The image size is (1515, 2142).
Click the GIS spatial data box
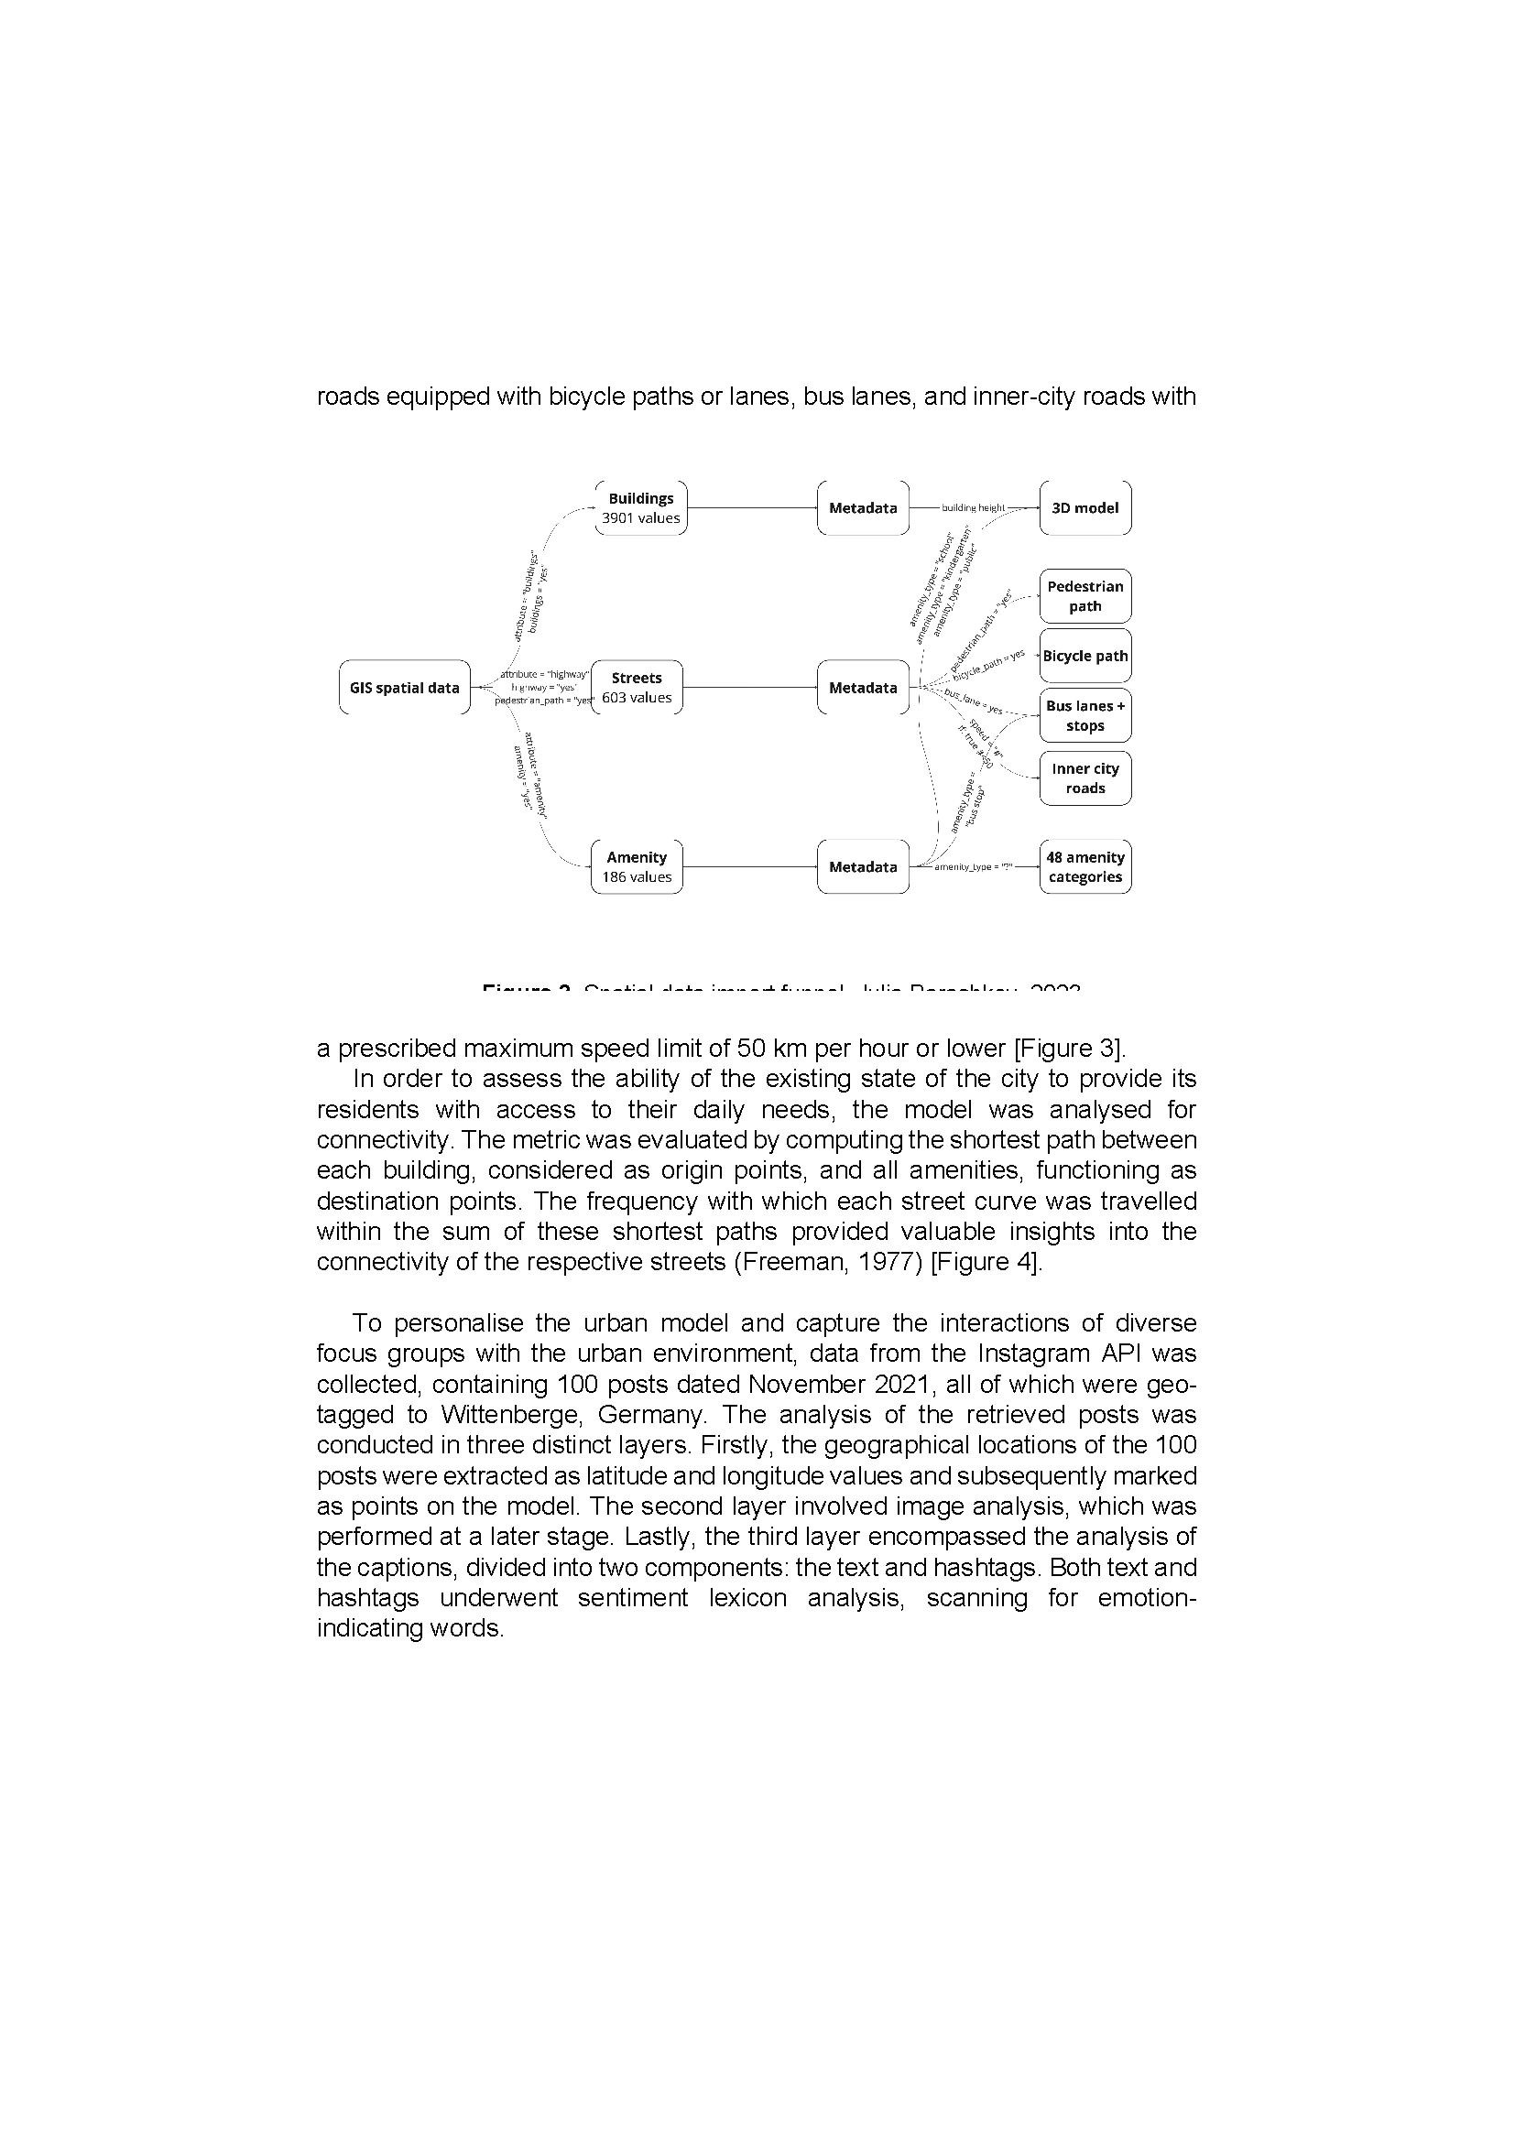(404, 688)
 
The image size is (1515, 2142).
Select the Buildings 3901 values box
(640, 508)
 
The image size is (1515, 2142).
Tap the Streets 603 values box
(637, 688)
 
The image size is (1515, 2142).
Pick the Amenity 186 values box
(637, 866)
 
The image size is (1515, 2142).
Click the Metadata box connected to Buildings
(863, 508)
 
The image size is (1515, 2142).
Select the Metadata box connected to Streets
(863, 688)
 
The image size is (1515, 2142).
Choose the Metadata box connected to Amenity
(863, 866)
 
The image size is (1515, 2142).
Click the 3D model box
(1084, 508)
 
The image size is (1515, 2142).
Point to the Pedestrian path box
(1084, 596)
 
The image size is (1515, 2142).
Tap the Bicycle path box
(1084, 656)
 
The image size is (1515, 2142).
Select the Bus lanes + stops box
(1084, 715)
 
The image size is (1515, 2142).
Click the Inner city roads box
(1084, 778)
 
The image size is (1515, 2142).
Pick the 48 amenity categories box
(1084, 866)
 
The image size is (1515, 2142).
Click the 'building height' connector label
(973, 508)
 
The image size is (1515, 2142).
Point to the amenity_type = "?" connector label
(973, 867)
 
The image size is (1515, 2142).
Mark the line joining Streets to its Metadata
(749, 688)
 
